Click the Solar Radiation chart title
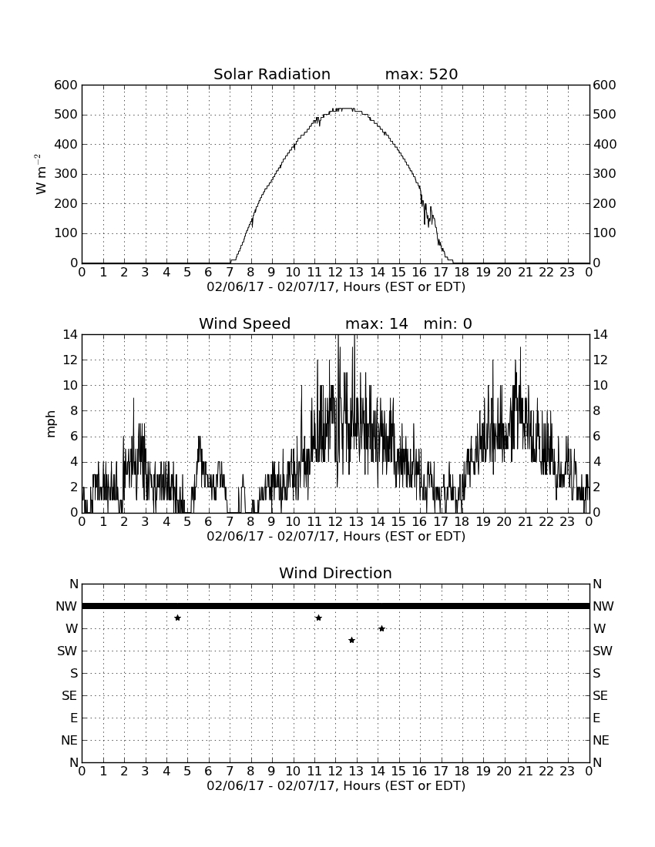[x=272, y=74]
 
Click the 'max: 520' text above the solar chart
[x=422, y=74]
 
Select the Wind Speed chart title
[x=245, y=323]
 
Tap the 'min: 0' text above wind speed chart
[x=448, y=323]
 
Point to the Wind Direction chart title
[x=335, y=573]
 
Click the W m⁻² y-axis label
[x=41, y=174]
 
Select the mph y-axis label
[x=51, y=424]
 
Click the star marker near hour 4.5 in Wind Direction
[x=177, y=618]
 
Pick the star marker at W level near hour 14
[x=381, y=628]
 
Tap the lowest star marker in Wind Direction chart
[x=351, y=640]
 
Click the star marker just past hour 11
[x=318, y=618]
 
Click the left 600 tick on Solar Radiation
[x=66, y=85]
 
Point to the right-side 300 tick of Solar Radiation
[x=604, y=174]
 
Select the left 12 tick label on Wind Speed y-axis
[x=71, y=360]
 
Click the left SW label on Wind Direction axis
[x=67, y=651]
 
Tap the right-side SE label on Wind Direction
[x=601, y=696]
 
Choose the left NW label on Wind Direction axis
[x=66, y=607]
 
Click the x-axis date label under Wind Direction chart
[x=336, y=785]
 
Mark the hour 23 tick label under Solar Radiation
[x=567, y=273]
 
